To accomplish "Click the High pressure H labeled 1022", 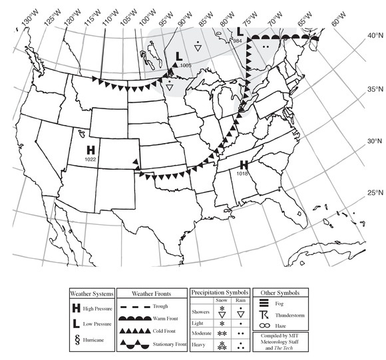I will coord(91,150).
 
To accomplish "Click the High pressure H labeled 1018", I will coord(244,164).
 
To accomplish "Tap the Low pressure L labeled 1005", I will coord(178,57).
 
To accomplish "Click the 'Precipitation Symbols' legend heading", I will coord(219,293).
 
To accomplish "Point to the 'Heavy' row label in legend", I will coord(200,345).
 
